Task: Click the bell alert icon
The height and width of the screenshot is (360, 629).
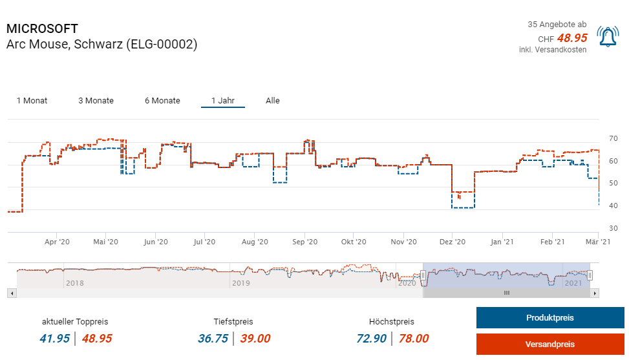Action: [608, 37]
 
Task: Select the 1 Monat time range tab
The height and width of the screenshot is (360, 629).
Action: [32, 101]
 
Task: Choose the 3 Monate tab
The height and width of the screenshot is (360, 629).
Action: [96, 101]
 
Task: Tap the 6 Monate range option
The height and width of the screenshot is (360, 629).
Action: [162, 101]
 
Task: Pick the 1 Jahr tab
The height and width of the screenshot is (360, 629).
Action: [222, 101]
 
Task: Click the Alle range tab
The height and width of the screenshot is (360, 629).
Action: [273, 101]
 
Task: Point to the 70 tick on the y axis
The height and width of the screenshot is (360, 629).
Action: [613, 139]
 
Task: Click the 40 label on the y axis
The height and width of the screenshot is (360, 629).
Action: [613, 206]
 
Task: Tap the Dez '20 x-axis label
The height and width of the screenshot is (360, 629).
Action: [452, 242]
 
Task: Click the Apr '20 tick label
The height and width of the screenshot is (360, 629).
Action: [57, 242]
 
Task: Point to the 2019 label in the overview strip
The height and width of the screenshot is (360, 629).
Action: [240, 283]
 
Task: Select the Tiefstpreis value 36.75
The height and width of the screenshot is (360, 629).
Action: [213, 339]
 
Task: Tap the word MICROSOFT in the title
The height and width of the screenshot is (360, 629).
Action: [42, 29]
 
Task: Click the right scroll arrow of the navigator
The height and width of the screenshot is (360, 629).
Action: [595, 293]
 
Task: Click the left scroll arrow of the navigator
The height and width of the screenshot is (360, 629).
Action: [11, 293]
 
